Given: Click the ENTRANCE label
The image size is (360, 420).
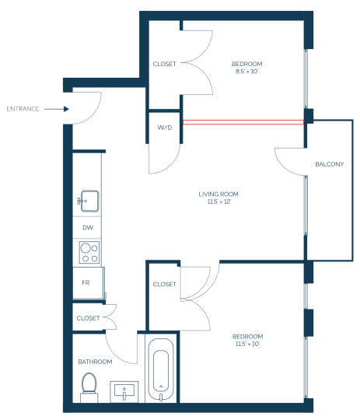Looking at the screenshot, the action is pyautogui.click(x=23, y=109).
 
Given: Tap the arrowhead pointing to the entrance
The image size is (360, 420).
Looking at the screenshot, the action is pyautogui.click(x=66, y=109).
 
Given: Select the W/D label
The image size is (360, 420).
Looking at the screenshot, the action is pyautogui.click(x=165, y=128).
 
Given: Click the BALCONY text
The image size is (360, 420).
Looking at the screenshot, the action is pyautogui.click(x=329, y=164).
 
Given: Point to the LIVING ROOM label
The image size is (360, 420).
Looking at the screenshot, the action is pyautogui.click(x=218, y=194).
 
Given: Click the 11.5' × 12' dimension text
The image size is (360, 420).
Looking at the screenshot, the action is pyautogui.click(x=218, y=201).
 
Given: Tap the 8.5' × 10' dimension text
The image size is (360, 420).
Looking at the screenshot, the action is pyautogui.click(x=246, y=72).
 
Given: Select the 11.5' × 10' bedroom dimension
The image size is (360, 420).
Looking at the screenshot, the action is pyautogui.click(x=247, y=344).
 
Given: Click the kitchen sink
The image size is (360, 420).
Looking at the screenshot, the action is pyautogui.click(x=89, y=201).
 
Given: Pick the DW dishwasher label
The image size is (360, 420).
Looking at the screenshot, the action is pyautogui.click(x=88, y=228).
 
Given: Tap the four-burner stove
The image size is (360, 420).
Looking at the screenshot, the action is pyautogui.click(x=89, y=252).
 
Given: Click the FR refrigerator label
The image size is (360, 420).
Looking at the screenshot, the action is pyautogui.click(x=86, y=282).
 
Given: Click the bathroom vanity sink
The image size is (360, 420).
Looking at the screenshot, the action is pyautogui.click(x=124, y=391).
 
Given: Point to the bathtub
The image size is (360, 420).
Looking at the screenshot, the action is pyautogui.click(x=161, y=369).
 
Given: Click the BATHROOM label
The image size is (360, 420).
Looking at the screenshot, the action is pyautogui.click(x=95, y=362).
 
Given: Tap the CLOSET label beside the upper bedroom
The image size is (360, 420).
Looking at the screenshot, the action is pyautogui.click(x=165, y=64).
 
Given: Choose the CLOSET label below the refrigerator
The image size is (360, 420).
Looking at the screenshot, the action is pyautogui.click(x=88, y=318).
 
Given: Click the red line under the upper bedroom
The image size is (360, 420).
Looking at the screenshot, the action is pyautogui.click(x=243, y=122).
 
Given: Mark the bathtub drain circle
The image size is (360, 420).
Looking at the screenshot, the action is pyautogui.click(x=161, y=386).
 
